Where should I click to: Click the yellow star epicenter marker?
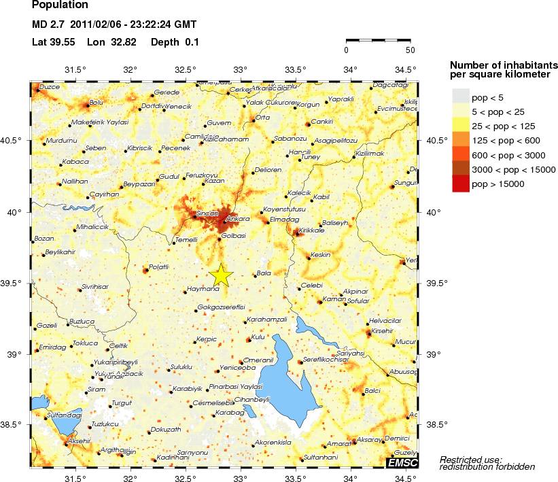[220, 275]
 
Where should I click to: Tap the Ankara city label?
[239, 219]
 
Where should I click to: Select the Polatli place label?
[158, 266]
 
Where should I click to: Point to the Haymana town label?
[202, 289]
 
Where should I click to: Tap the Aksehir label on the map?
[79, 441]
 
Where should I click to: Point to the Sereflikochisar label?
[325, 359]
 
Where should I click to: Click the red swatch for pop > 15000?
[461, 184]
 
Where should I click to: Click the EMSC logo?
[402, 463]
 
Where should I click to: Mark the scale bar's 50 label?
[410, 50]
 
